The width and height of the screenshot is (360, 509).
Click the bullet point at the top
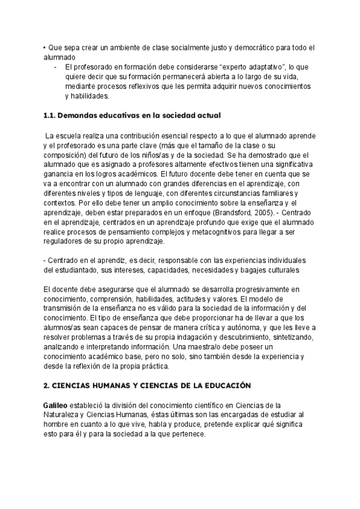pos(45,47)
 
